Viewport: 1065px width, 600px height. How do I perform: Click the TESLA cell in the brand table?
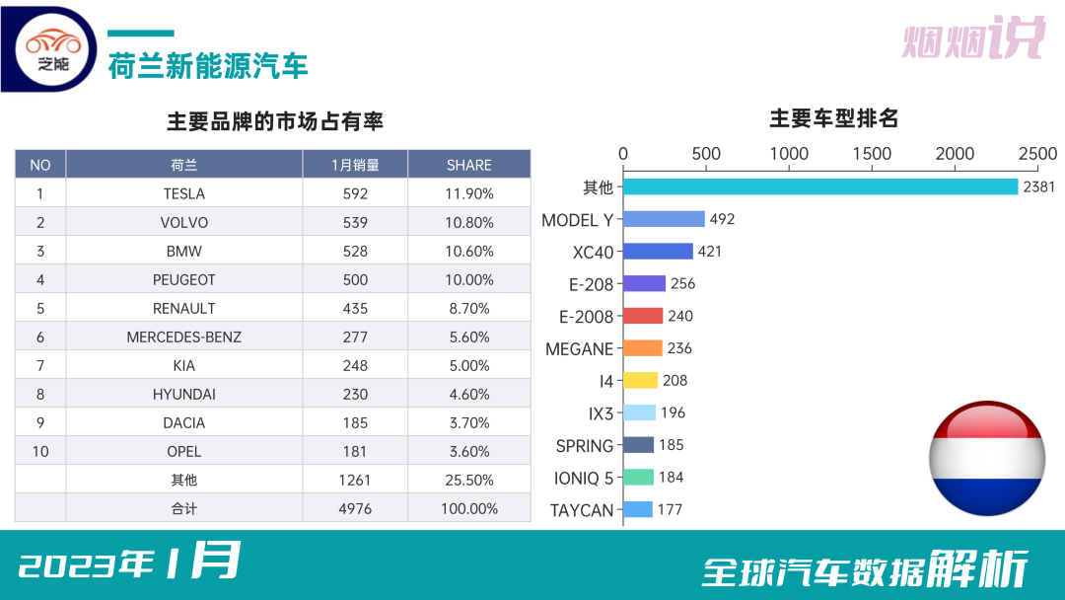184,193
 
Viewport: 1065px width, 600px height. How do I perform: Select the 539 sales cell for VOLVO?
355,222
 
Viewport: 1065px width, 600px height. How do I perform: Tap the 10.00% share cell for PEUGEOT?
468,279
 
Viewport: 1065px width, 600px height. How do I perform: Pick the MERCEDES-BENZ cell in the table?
184,337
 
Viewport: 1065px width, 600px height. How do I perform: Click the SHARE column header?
468,165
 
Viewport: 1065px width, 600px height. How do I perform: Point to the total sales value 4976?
355,508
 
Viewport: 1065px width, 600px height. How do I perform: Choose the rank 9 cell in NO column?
40,422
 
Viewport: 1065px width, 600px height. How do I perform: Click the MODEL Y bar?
664,219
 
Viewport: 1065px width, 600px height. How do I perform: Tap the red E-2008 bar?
643,316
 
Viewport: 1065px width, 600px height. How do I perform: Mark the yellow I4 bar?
640,380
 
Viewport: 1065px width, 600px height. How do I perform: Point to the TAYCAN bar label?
582,510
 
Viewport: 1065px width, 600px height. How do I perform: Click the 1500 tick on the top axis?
872,154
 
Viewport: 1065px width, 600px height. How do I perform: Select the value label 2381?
1039,187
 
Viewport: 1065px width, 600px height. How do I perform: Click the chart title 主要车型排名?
833,118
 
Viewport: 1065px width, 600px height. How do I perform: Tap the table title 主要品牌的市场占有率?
275,121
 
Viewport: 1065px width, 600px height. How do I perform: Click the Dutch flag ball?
987,458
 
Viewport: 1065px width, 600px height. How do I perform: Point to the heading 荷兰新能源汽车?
208,65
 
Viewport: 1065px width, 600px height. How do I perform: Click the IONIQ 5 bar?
638,478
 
